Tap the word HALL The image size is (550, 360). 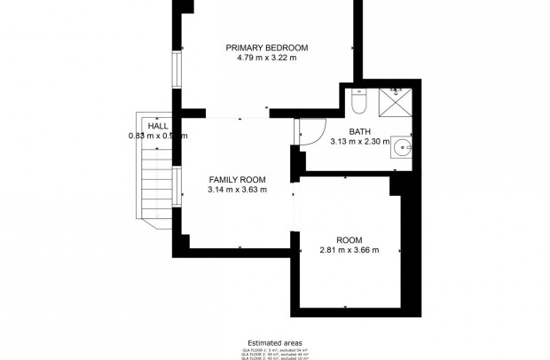click(158, 127)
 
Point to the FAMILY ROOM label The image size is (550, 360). click(237, 178)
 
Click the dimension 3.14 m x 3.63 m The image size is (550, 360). click(237, 189)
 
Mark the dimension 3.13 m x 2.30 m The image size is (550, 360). click(359, 141)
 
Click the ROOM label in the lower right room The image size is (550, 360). click(349, 239)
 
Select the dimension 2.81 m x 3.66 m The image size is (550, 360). click(349, 250)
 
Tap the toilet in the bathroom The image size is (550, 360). click(357, 103)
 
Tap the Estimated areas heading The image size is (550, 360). click(274, 340)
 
